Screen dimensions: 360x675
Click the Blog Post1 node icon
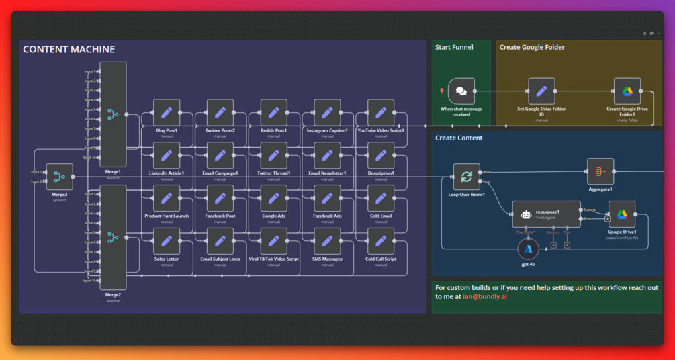(167, 113)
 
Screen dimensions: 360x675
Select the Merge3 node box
(60, 177)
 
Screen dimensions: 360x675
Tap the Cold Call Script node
(381, 241)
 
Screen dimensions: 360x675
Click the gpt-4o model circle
(529, 250)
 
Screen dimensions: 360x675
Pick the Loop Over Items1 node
(466, 177)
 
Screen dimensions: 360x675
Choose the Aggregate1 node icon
(600, 171)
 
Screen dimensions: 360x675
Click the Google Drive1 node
(622, 214)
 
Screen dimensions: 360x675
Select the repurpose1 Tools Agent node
(546, 214)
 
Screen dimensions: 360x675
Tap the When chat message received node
(461, 91)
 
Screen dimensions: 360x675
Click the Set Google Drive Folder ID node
(541, 91)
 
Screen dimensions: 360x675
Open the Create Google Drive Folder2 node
(627, 91)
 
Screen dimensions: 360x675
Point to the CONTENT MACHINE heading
(69, 50)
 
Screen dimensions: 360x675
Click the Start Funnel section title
(454, 48)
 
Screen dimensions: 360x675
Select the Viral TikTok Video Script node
(273, 241)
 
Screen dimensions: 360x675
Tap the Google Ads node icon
(273, 199)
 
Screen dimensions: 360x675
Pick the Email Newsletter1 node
(327, 156)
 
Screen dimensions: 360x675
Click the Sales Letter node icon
(167, 241)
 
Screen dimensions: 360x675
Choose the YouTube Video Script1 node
(381, 113)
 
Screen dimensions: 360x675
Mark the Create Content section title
(459, 138)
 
